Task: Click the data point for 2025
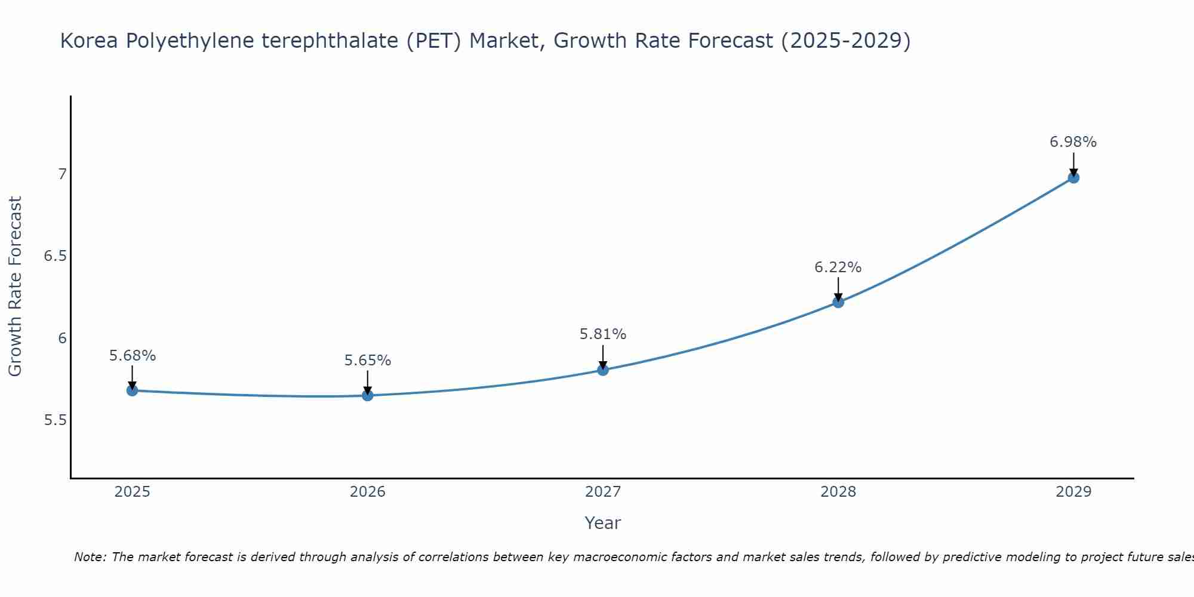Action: point(132,390)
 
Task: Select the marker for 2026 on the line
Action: point(367,395)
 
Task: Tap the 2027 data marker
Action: point(602,370)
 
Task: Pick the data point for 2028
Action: point(838,302)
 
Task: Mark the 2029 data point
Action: point(1073,177)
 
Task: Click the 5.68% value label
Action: point(132,356)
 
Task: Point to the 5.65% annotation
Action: point(367,361)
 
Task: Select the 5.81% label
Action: point(602,334)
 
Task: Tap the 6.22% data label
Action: point(838,267)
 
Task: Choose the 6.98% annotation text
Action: point(1073,142)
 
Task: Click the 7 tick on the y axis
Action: point(62,174)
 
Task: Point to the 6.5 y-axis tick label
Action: point(55,256)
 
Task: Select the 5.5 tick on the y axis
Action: point(55,420)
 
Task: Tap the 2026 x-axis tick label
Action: point(367,492)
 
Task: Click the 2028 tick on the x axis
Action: point(838,492)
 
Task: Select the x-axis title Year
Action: point(602,523)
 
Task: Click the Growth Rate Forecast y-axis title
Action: point(15,287)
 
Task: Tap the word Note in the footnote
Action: point(90,557)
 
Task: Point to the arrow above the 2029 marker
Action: point(1073,164)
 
